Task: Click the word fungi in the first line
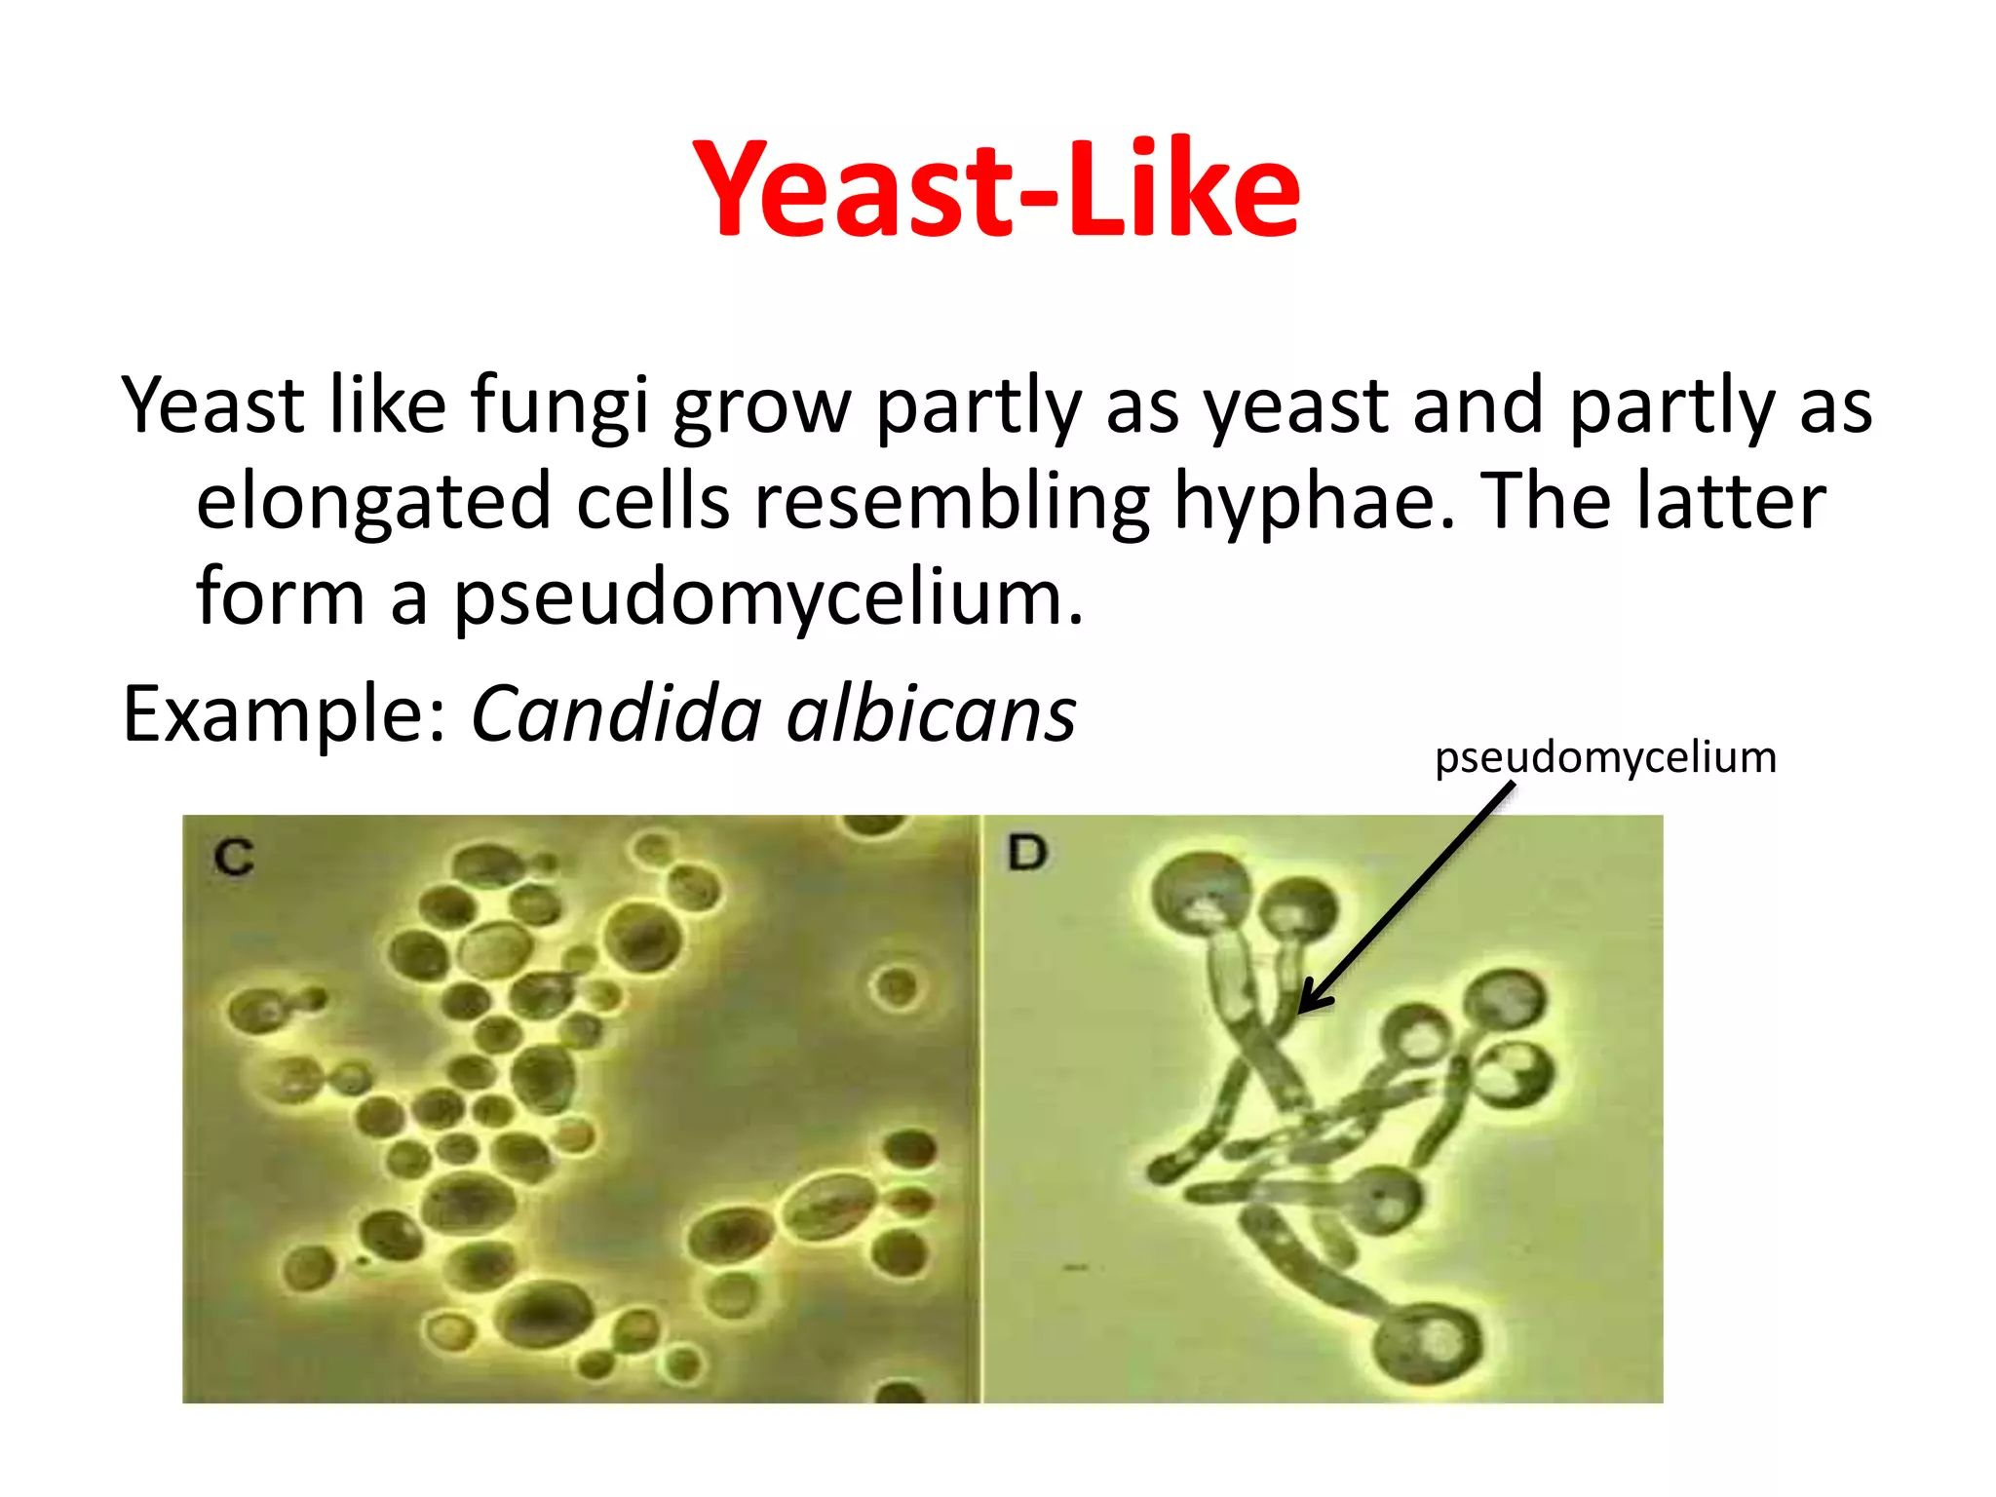[x=558, y=405]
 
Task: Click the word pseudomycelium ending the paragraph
[x=768, y=597]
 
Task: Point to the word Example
[x=284, y=714]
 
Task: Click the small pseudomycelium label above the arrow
[x=1605, y=757]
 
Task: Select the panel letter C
[x=234, y=858]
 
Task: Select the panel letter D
[x=1026, y=853]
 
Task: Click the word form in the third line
[x=280, y=597]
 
